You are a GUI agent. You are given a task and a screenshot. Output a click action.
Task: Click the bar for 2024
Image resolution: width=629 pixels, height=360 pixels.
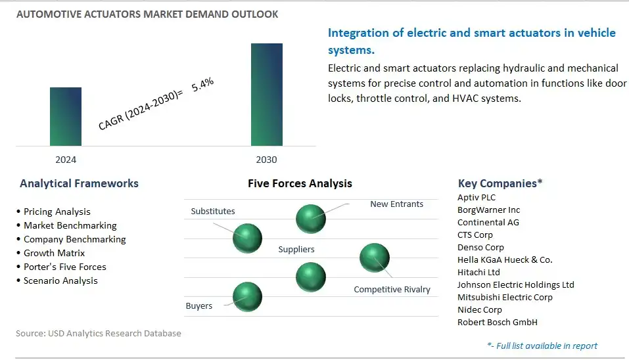[x=66, y=116]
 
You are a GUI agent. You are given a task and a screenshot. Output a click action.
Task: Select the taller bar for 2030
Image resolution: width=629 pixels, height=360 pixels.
[x=266, y=95]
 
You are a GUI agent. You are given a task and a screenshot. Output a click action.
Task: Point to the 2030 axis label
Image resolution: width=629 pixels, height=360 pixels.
[x=266, y=160]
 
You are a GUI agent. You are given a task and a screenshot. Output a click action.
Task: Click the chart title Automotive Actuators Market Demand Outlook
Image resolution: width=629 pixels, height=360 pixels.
[x=147, y=14]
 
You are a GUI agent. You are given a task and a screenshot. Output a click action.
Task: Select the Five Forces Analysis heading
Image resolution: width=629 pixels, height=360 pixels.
[x=300, y=184]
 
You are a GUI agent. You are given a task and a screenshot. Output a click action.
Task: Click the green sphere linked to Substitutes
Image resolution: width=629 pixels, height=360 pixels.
[x=247, y=237]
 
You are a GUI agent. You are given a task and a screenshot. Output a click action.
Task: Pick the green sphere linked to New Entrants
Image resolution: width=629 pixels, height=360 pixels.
[x=310, y=219]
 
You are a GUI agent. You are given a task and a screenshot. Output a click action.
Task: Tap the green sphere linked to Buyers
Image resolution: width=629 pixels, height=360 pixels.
[x=247, y=297]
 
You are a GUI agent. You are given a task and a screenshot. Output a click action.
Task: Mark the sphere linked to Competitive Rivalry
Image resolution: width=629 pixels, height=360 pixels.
[x=374, y=257]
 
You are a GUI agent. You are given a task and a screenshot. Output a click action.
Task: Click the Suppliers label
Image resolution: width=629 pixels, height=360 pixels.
[x=296, y=250]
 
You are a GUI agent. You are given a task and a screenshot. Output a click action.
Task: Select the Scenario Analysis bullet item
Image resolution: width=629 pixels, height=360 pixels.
[x=60, y=281]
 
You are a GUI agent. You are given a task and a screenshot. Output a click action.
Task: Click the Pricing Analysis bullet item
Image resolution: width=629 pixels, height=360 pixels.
[x=57, y=212]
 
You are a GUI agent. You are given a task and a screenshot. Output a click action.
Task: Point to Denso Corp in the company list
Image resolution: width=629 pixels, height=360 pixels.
[x=480, y=247]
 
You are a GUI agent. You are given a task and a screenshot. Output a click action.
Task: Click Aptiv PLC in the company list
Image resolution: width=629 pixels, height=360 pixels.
[x=477, y=197]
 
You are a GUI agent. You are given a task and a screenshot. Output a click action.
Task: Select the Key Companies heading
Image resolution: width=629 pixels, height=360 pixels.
[x=500, y=183]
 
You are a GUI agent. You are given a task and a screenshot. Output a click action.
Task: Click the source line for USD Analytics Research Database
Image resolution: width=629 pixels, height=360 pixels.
[x=98, y=333]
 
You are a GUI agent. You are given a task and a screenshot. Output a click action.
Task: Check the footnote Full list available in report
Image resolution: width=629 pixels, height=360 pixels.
[x=542, y=346]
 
